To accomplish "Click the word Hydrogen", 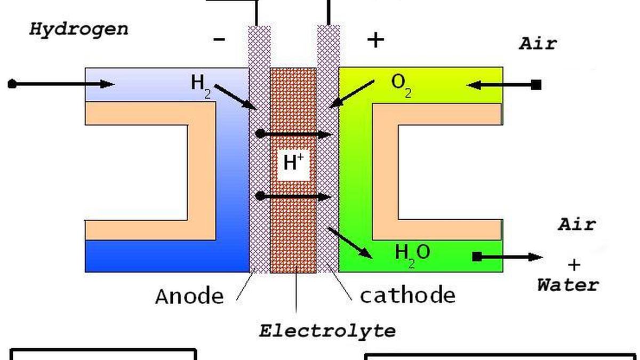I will click(x=78, y=29).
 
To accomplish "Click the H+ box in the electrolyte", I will click(x=293, y=163).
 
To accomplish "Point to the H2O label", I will click(x=412, y=252).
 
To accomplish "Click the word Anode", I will click(x=189, y=296).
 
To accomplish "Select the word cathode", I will click(x=407, y=295).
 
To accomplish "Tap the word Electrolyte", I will click(x=327, y=331).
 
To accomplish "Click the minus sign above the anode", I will click(x=219, y=39).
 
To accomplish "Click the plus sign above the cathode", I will click(x=376, y=39).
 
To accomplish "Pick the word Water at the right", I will click(x=567, y=285).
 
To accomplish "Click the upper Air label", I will click(x=538, y=43).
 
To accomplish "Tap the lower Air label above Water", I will click(x=577, y=224).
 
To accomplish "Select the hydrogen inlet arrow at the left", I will click(x=61, y=84).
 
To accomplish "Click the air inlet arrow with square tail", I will click(x=504, y=84).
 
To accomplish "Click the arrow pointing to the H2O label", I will click(x=350, y=243).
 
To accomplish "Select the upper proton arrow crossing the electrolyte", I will click(x=294, y=134).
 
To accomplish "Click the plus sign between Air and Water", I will click(x=574, y=265).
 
